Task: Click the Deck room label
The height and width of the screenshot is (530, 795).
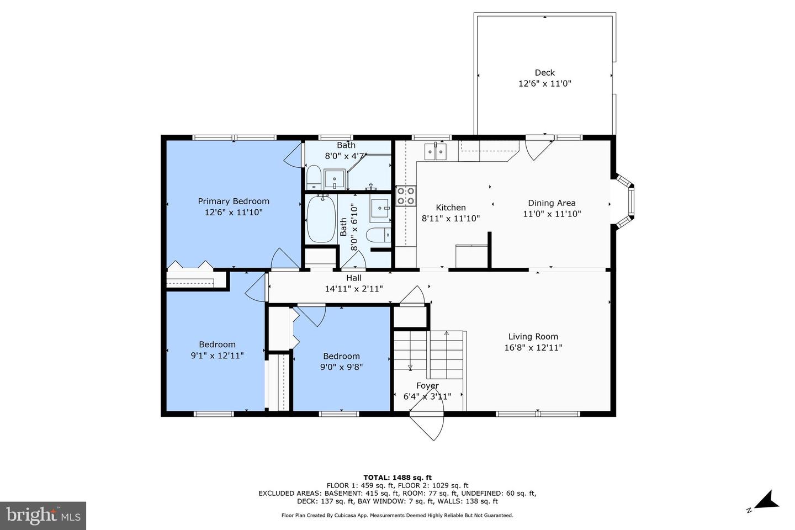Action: [544, 73]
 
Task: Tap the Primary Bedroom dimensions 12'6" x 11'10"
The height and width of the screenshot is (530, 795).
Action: [234, 212]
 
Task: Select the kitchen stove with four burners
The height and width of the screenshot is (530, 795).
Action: [406, 195]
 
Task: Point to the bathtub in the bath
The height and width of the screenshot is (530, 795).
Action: [321, 220]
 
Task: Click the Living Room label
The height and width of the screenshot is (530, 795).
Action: [533, 336]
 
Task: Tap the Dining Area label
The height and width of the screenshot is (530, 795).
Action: [552, 203]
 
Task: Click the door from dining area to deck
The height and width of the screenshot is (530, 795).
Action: [538, 147]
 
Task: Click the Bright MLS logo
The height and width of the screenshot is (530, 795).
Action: [43, 516]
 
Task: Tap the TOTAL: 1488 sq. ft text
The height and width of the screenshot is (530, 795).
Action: [397, 478]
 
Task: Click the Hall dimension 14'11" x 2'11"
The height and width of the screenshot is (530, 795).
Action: [354, 288]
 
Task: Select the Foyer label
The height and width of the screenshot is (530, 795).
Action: [427, 386]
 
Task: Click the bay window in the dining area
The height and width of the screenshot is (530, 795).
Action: [624, 202]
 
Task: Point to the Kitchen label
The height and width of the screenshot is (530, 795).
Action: [451, 208]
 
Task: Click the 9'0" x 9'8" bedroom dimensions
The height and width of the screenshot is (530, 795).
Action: [341, 367]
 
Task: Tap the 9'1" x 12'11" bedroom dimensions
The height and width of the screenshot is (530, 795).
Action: [217, 356]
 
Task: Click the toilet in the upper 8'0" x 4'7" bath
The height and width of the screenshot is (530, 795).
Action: [314, 177]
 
